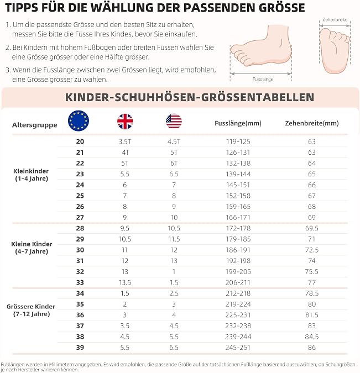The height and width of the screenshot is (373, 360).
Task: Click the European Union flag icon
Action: click(79, 120)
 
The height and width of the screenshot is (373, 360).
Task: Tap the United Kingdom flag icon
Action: click(125, 122)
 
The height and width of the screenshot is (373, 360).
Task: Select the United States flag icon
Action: click(174, 121)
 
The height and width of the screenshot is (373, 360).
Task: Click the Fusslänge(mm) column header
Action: click(238, 123)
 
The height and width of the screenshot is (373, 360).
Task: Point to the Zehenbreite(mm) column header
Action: click(312, 123)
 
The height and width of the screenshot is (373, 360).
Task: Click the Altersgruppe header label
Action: click(35, 125)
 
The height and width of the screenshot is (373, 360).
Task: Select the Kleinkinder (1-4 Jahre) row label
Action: click(31, 175)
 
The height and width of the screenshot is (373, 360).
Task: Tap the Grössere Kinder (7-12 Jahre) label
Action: click(31, 310)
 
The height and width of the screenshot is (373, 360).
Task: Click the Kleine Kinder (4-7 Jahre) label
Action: click(32, 248)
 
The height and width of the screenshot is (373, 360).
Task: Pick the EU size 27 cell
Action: click(80, 217)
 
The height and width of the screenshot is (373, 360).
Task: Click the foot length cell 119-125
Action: click(238, 141)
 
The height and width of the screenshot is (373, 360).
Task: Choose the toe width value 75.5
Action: click(312, 272)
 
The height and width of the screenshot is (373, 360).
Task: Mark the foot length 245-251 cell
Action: click(238, 348)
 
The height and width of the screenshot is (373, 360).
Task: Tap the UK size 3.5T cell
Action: click(125, 141)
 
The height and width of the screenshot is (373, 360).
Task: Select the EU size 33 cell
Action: click(80, 282)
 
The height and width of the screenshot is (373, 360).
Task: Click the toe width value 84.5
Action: click(312, 337)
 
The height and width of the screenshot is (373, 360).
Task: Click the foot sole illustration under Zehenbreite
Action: click(335, 50)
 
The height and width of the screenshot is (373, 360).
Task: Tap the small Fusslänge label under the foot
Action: click(263, 79)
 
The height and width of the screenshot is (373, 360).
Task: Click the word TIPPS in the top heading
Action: click(21, 7)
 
